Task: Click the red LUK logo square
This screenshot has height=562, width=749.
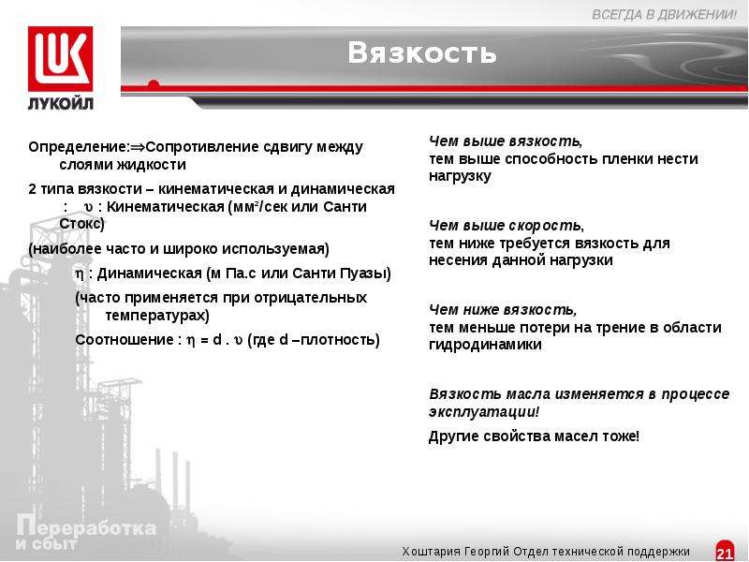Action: point(60,59)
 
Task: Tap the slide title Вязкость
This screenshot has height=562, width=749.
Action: point(422,52)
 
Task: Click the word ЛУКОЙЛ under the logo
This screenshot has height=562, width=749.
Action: point(61,103)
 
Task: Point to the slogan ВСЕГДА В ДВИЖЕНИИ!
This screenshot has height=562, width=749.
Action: point(665,15)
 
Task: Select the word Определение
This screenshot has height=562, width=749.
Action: point(77,148)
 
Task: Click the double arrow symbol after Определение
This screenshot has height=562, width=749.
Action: point(138,147)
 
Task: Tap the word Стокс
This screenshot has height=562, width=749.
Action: point(80,224)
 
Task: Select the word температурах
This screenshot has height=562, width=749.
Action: point(155,316)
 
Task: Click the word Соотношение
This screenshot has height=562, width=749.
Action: point(124,340)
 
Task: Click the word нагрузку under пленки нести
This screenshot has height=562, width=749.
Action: point(460,176)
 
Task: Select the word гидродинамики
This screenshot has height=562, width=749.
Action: point(485,345)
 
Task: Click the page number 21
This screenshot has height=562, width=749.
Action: point(725,553)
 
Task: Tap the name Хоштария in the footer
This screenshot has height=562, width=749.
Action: point(432,552)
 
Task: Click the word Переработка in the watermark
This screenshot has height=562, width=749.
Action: point(86,527)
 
